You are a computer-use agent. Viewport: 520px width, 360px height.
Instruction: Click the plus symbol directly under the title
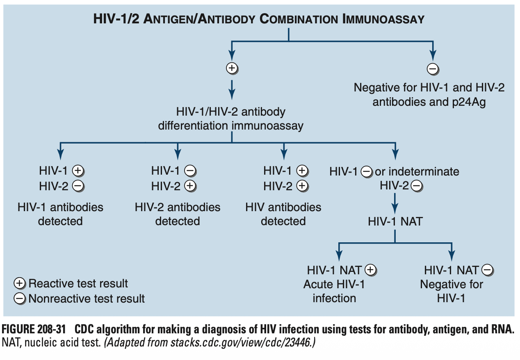click(x=232, y=68)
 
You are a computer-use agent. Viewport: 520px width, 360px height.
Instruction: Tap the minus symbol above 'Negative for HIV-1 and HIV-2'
click(x=433, y=69)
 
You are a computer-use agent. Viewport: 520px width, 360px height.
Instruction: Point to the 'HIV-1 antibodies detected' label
click(x=60, y=214)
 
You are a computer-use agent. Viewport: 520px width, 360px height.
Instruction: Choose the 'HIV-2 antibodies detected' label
click(x=178, y=214)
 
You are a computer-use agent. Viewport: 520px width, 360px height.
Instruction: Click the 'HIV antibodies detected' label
click(x=283, y=214)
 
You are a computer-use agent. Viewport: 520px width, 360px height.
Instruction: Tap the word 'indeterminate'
click(x=417, y=171)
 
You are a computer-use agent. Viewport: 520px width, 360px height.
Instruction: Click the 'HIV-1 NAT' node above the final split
click(x=395, y=221)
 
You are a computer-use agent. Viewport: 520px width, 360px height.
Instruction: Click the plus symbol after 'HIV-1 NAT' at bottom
click(x=370, y=270)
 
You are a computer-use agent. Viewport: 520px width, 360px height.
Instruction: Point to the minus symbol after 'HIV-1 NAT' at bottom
click(x=488, y=270)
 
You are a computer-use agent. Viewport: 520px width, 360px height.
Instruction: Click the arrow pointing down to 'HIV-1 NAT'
click(x=395, y=203)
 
